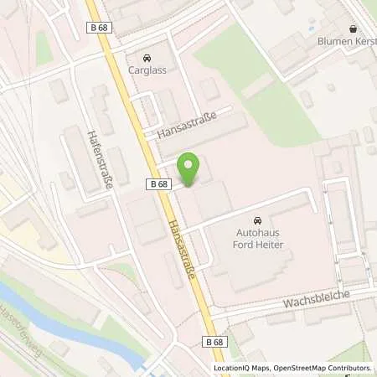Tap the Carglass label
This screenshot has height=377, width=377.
pyautogui.click(x=147, y=70)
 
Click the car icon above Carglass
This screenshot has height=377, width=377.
pyautogui.click(x=147, y=57)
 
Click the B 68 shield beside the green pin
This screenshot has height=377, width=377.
pyautogui.click(x=158, y=183)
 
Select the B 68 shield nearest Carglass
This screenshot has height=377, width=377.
pyautogui.click(x=98, y=28)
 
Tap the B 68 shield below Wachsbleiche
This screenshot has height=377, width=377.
pyautogui.click(x=214, y=342)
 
